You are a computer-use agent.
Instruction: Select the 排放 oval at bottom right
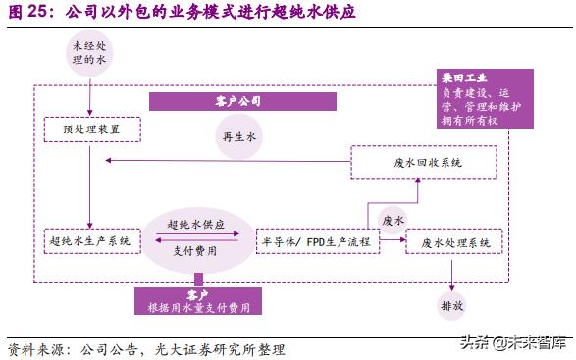452,305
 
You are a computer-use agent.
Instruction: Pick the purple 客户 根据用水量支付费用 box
198,300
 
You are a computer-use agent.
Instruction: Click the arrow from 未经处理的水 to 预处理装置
89,99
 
